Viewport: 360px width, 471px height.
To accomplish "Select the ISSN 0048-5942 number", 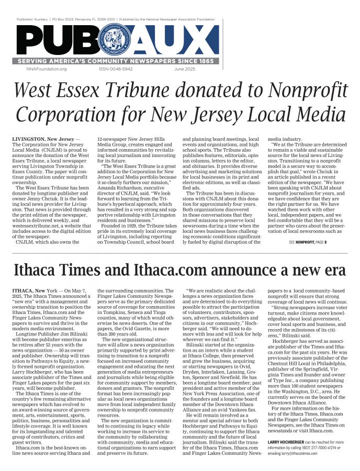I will (116, 69).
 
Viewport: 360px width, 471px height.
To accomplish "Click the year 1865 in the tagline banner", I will (207, 61).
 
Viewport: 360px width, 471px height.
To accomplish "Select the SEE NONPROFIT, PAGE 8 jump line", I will (308, 243).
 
